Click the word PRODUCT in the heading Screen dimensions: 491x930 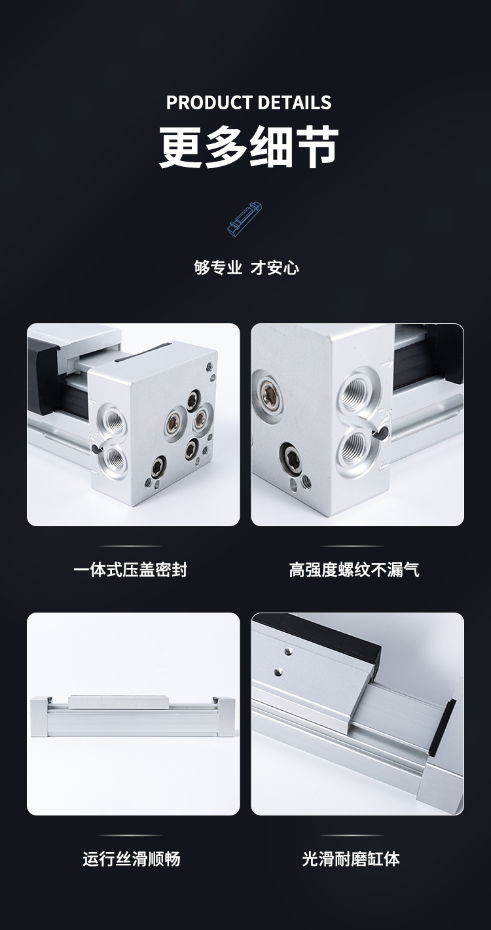[x=209, y=102]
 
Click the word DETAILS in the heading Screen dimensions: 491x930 [x=294, y=102]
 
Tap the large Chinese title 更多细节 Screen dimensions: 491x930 [x=248, y=147]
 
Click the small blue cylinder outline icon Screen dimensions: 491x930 [x=245, y=219]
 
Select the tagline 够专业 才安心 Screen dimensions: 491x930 [x=246, y=268]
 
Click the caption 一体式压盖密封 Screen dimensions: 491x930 [x=130, y=569]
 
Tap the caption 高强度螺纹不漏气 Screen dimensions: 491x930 [x=354, y=569]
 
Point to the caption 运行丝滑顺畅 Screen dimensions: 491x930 [x=132, y=859]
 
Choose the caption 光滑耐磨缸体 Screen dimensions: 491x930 [x=351, y=859]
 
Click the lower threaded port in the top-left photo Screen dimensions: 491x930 [x=112, y=457]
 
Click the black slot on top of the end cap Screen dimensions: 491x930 [x=142, y=351]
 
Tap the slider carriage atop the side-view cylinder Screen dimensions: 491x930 [x=118, y=702]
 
